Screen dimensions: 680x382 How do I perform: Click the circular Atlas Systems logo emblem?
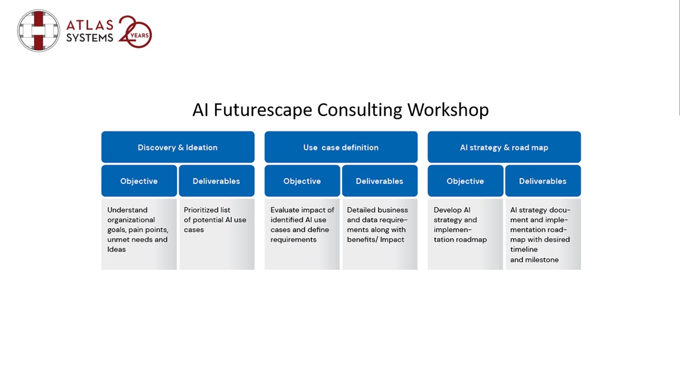tap(39, 31)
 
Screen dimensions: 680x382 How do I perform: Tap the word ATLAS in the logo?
tap(90, 25)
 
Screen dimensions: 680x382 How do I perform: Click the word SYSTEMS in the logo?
tap(90, 38)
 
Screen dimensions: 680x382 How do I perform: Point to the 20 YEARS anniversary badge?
tap(135, 31)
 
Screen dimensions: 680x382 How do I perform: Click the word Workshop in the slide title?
tap(448, 109)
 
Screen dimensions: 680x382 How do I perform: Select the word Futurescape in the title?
tap(263, 109)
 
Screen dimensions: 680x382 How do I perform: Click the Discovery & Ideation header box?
tap(178, 147)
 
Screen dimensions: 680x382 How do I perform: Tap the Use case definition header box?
tap(341, 147)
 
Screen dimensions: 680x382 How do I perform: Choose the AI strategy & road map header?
tap(504, 147)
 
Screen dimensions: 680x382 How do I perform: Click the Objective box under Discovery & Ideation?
tap(139, 181)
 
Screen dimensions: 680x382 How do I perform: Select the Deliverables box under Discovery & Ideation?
tap(217, 181)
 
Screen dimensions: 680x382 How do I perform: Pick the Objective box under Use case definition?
tap(302, 181)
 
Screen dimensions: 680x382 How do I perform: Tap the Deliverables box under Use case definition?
tap(380, 181)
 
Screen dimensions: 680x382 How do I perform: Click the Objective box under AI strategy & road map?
tap(465, 181)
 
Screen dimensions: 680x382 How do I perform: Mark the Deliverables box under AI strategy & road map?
tap(543, 181)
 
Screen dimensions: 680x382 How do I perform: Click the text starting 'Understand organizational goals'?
tap(138, 230)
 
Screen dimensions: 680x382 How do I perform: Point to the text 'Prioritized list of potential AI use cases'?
tap(215, 220)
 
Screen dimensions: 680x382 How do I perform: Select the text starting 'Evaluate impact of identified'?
tap(302, 224)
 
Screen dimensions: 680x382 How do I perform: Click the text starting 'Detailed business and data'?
tap(377, 224)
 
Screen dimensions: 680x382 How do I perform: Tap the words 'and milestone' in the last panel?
tap(534, 259)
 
